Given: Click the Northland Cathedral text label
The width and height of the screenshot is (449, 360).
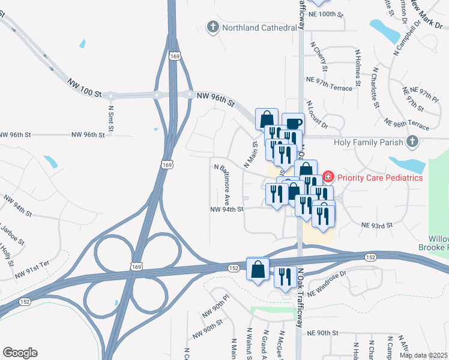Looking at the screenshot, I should [259, 28].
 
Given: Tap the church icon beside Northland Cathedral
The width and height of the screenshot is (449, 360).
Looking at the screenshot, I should [212, 27].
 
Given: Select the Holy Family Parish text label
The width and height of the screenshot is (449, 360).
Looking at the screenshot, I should [369, 142].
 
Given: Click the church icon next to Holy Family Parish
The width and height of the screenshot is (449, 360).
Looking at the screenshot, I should [412, 142].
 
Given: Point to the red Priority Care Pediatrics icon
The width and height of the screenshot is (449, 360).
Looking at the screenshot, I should [328, 177].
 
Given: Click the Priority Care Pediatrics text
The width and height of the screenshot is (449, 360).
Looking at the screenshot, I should [380, 178].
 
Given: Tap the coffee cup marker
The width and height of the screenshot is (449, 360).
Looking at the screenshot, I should [293, 124].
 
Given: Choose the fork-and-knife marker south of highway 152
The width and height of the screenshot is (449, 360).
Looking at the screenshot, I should [285, 277].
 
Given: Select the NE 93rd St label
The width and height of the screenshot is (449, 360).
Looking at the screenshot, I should [376, 225].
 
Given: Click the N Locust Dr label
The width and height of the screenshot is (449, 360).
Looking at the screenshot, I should [318, 115].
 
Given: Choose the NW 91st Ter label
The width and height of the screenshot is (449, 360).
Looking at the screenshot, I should [31, 273].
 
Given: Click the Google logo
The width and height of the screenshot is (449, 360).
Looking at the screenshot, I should [20, 353].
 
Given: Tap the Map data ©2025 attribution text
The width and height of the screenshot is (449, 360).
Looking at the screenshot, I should [423, 355].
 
